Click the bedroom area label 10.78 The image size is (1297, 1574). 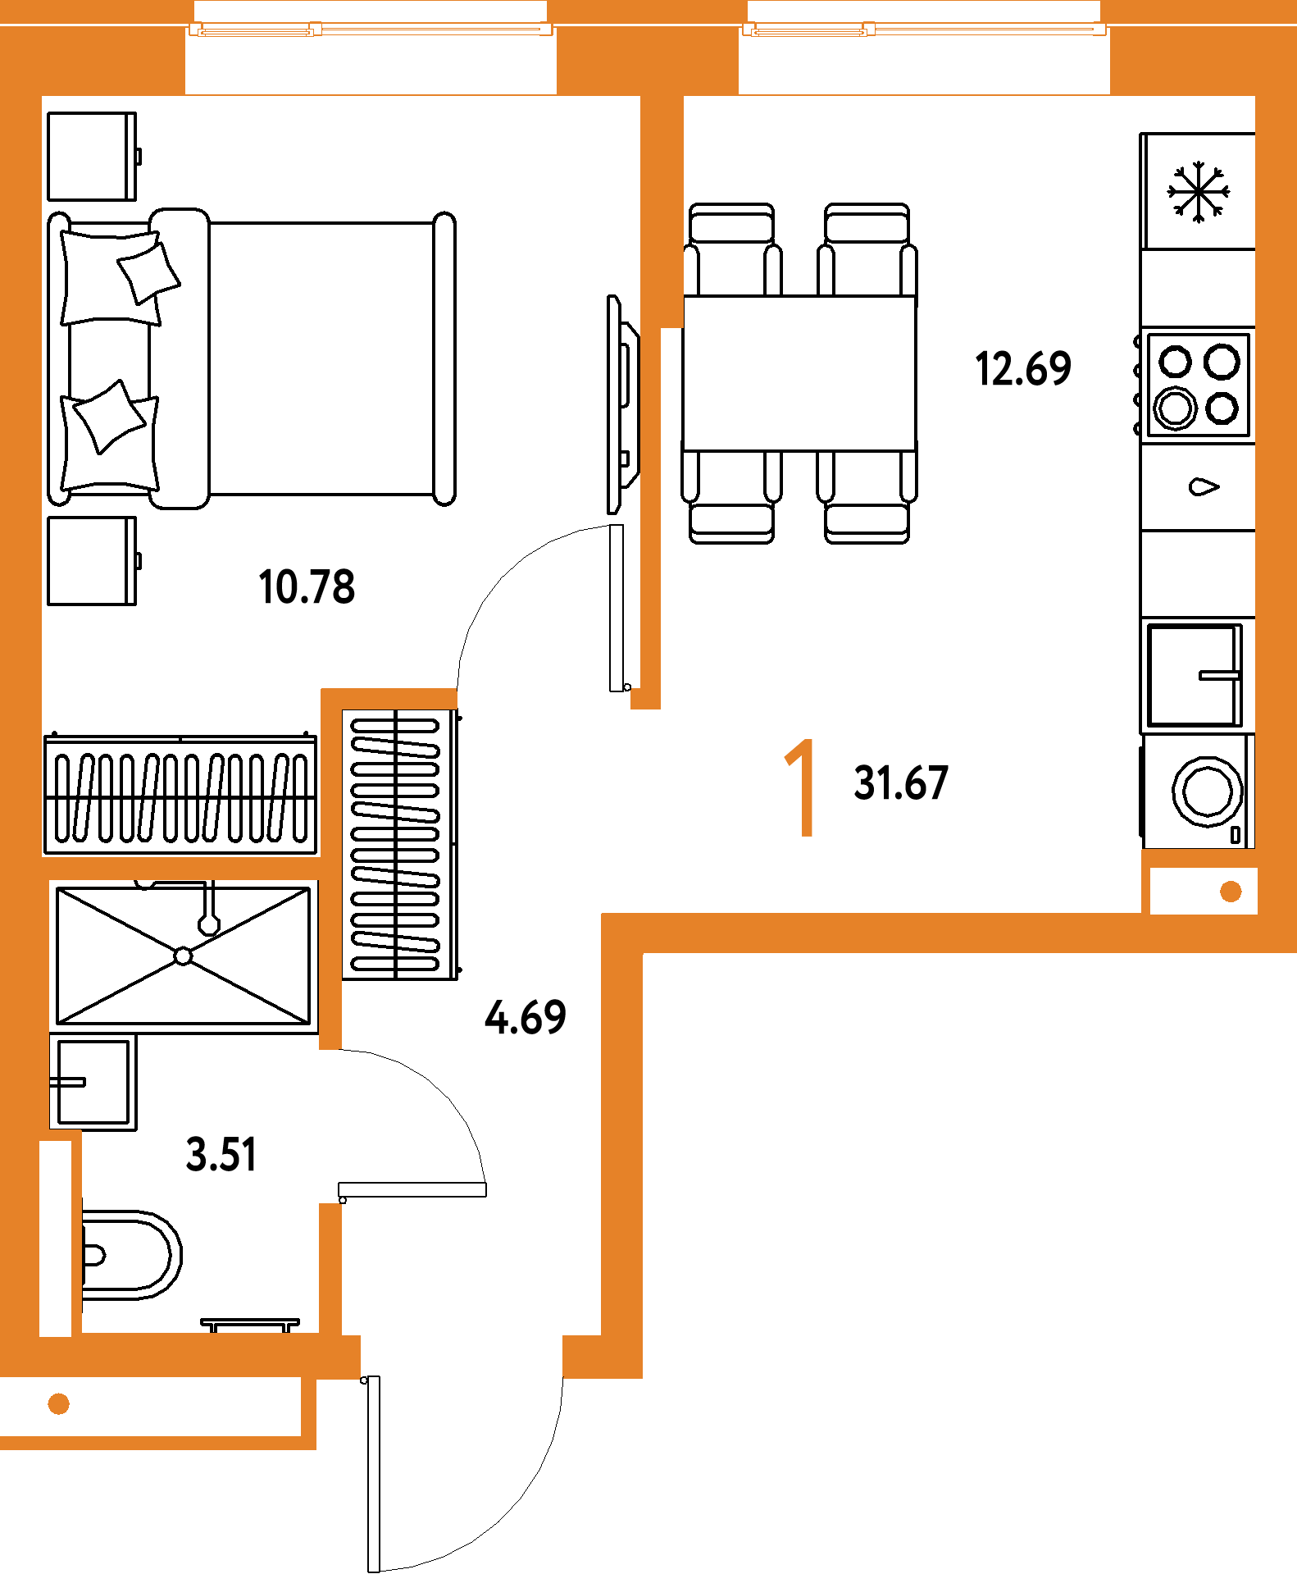point(307,587)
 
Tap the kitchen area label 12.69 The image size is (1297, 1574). point(1023,368)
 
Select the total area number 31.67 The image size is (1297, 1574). point(901,782)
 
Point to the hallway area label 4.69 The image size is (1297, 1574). point(526,1017)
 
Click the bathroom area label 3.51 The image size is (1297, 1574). point(221,1154)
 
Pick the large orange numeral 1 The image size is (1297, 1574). point(801,787)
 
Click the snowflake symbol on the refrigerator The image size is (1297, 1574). point(1199,192)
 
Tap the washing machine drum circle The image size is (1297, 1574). point(1207,792)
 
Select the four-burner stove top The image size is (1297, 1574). point(1197,385)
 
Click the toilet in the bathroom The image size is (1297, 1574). point(131,1255)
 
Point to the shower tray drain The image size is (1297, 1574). point(184,956)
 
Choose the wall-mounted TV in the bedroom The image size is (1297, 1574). point(622,405)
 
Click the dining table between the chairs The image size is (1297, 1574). point(799,373)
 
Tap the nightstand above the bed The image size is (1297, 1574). point(93,157)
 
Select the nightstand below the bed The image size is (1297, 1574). point(93,561)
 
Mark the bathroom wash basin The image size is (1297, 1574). point(93,1082)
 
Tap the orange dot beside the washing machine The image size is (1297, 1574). point(1231,892)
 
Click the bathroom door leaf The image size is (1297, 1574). point(412,1189)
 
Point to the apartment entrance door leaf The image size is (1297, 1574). point(373,1474)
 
